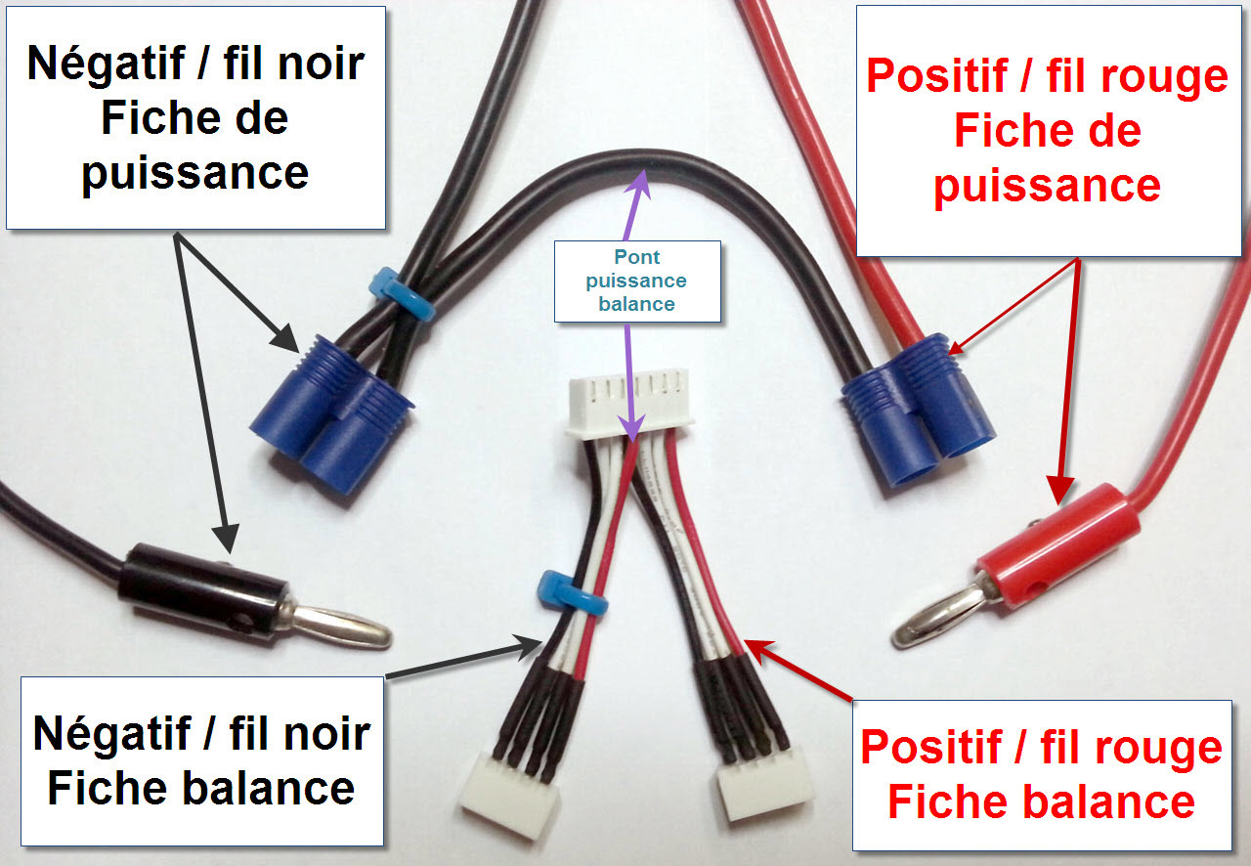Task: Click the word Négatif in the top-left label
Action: pyautogui.click(x=107, y=65)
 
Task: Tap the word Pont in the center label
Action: pyautogui.click(x=636, y=257)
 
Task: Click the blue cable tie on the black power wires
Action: pyautogui.click(x=404, y=295)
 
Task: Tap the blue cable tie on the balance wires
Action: pyautogui.click(x=571, y=593)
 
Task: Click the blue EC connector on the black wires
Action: pyautogui.click(x=331, y=414)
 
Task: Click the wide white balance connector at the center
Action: pyautogui.click(x=630, y=404)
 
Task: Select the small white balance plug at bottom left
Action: pyautogui.click(x=509, y=795)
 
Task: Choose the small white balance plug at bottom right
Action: pyautogui.click(x=764, y=782)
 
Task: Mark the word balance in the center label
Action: pyautogui.click(x=636, y=304)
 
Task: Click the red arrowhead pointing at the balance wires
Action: pyautogui.click(x=759, y=652)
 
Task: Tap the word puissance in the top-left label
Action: pyautogui.click(x=195, y=173)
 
